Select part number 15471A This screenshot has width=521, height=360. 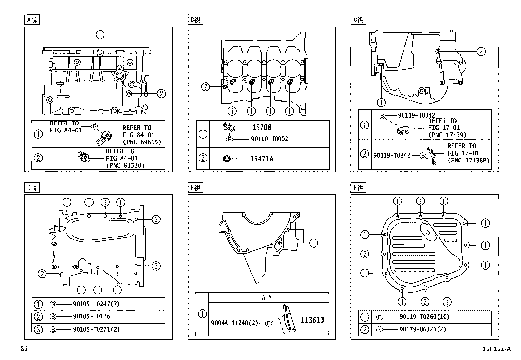point(261,159)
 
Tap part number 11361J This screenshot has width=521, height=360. point(312,320)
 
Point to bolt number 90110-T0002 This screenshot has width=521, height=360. point(269,139)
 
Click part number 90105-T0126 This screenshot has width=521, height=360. point(91,316)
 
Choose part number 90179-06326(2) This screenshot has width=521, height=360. point(422,329)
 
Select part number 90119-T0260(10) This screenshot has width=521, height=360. point(424,317)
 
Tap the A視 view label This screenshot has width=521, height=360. point(32,20)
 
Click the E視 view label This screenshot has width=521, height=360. point(195,188)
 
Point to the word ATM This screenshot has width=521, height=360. point(267,297)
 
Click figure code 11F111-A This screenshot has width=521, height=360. point(496,349)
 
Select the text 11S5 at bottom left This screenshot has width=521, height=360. point(20,349)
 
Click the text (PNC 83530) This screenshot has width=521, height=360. point(125,165)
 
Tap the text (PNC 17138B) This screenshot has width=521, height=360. point(469,161)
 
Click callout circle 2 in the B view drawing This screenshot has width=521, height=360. point(205,87)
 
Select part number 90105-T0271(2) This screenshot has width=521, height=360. point(96,329)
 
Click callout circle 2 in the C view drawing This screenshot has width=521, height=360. point(481,51)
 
